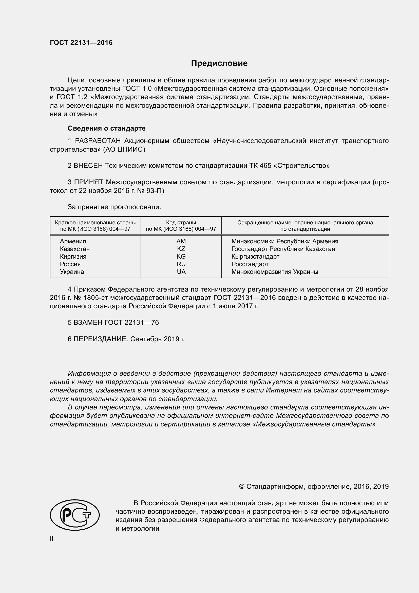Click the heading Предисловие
click(x=219, y=63)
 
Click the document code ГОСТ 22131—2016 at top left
click(x=81, y=43)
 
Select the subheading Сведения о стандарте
click(x=107, y=128)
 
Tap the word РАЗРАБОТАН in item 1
click(x=98, y=141)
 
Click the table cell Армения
click(x=73, y=241)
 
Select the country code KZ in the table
click(x=181, y=249)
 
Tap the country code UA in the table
click(x=181, y=272)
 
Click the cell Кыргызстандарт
click(x=255, y=257)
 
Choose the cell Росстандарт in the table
click(x=250, y=264)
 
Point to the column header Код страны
click(x=181, y=222)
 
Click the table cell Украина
click(x=72, y=272)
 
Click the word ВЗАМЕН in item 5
click(x=88, y=322)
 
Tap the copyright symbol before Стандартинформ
click(x=241, y=487)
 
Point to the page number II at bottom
click(x=52, y=538)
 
